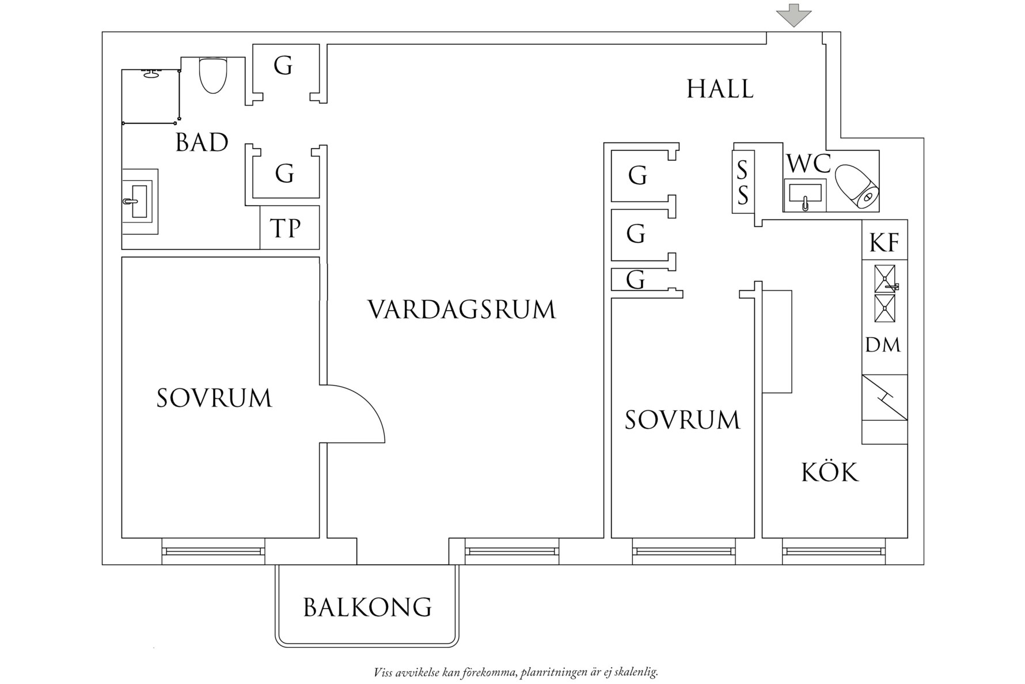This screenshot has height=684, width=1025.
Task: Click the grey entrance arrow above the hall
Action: (x=794, y=14)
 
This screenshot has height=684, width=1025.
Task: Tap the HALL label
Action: (x=720, y=89)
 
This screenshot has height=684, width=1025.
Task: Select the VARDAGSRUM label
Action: (x=462, y=309)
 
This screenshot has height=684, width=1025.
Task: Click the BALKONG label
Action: (x=367, y=607)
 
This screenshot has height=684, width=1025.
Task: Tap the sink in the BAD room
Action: (x=139, y=201)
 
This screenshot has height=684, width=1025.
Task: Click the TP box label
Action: (x=286, y=229)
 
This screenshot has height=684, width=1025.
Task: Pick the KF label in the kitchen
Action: (x=884, y=243)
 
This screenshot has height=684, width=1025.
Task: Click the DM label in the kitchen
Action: (x=883, y=345)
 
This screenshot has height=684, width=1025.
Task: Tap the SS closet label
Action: (x=743, y=183)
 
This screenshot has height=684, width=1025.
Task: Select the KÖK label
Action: (x=830, y=473)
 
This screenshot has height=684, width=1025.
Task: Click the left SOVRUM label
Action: (x=214, y=398)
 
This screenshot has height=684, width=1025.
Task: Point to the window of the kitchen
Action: (x=833, y=551)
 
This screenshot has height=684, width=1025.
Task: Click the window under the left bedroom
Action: (x=214, y=551)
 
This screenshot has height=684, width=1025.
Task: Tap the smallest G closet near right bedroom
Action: (x=636, y=280)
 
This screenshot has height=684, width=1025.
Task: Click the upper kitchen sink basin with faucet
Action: (x=885, y=279)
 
